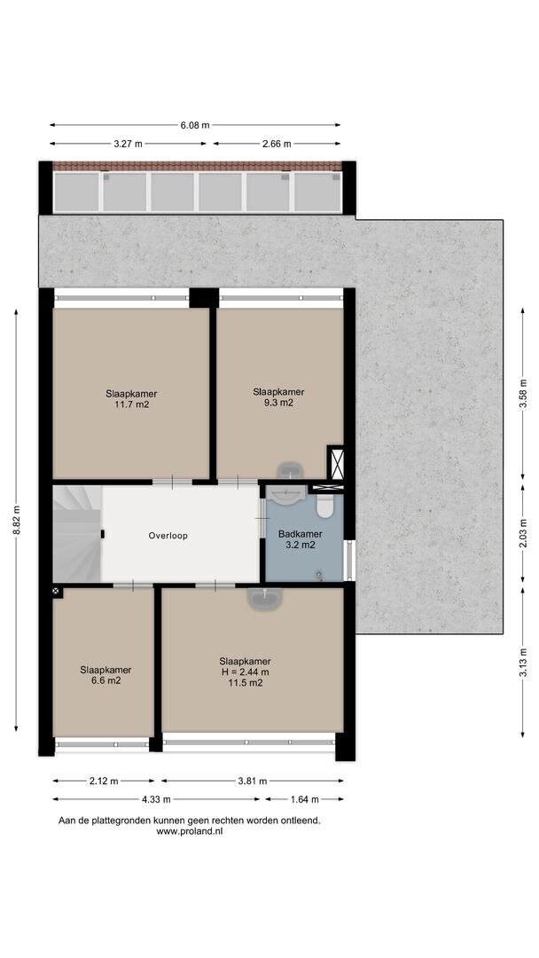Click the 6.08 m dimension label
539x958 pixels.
pos(195,125)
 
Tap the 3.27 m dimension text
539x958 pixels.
pos(129,145)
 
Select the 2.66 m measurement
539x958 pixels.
pos(277,145)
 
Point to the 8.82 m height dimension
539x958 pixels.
pos(17,520)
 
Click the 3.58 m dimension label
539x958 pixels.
pos(523,394)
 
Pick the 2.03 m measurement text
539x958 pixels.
pos(523,533)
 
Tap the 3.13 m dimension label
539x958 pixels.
pos(523,663)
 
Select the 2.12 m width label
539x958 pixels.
pos(103,781)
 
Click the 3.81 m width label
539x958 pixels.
pos(252,781)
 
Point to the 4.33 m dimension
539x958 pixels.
pos(156,799)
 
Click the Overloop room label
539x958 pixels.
pos(168,536)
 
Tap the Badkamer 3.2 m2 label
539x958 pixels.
pos(300,539)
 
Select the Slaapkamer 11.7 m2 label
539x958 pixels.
pos(131,399)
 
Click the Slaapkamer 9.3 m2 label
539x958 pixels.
pos(278,397)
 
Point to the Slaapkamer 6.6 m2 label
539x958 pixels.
pos(105,674)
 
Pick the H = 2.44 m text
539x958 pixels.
pos(245,672)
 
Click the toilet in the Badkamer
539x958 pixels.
pos(324,505)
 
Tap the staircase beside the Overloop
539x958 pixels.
pos(76,533)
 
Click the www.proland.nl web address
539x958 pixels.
pos(189,831)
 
